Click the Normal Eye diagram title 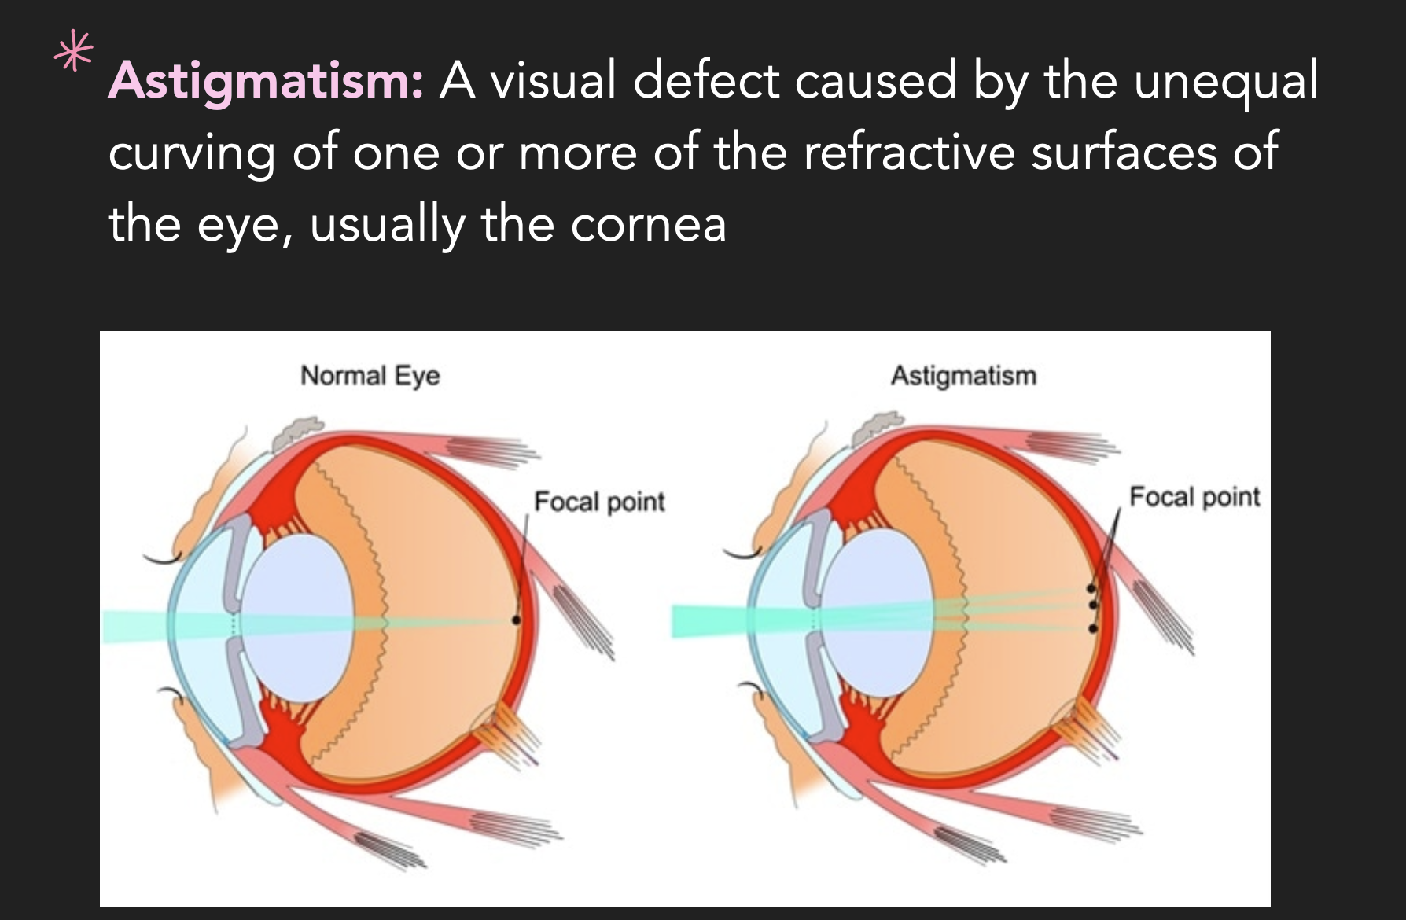point(370,375)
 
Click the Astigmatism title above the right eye point(963,375)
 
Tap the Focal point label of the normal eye point(599,501)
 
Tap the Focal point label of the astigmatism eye point(1194,496)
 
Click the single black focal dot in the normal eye point(516,620)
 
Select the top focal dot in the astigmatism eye point(1091,588)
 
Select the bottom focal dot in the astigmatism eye point(1092,628)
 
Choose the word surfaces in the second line point(1125,152)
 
